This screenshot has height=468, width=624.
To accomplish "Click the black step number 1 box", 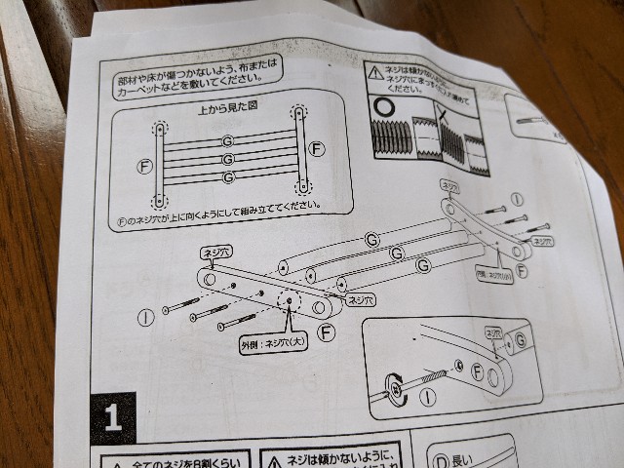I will click(x=112, y=418).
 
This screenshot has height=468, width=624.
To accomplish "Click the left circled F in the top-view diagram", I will click(x=145, y=167).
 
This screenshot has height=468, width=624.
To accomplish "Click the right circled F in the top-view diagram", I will click(x=315, y=149).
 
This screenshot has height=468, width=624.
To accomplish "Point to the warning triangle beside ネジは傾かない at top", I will click(x=375, y=71).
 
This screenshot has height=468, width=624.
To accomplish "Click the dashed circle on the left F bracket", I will click(x=290, y=302).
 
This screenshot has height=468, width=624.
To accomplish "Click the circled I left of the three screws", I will click(x=145, y=317).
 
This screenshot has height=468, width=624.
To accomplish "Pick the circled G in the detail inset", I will click(x=521, y=339).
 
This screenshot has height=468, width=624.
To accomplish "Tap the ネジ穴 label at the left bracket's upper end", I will click(x=214, y=252).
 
